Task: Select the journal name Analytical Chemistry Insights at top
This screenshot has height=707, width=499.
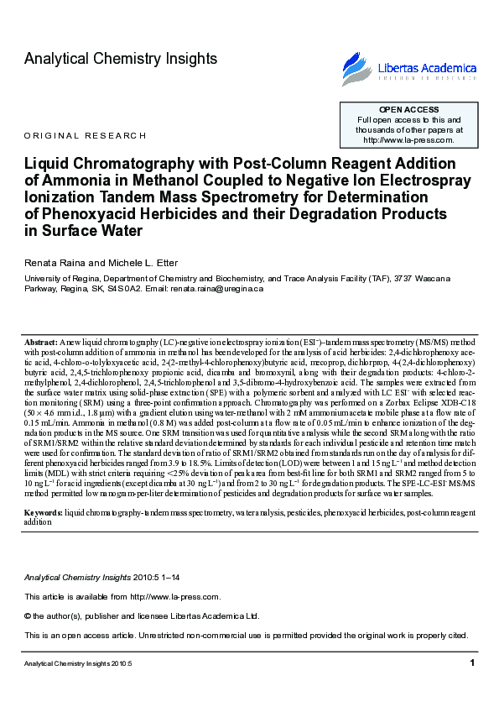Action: coord(121,59)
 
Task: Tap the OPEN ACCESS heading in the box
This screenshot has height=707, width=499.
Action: coord(408,110)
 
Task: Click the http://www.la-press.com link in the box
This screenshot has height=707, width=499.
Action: coord(408,140)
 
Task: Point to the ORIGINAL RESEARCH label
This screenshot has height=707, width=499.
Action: coord(86,135)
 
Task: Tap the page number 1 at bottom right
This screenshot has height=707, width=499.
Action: coord(473,663)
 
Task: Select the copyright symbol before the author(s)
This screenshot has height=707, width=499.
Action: coord(28,615)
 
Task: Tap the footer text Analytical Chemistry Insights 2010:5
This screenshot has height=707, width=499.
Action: coord(78,664)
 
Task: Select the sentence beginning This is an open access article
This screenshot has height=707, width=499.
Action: coord(245,635)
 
